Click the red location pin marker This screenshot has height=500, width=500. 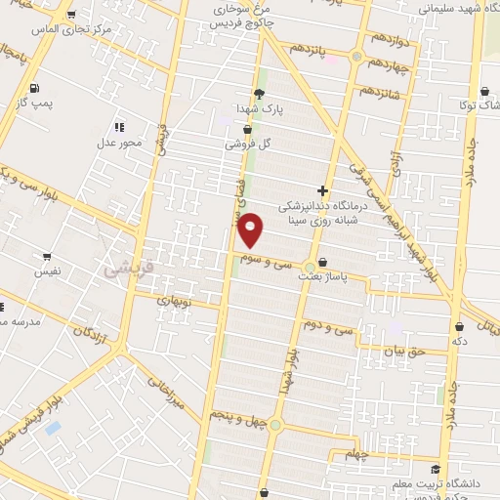tap(251, 229)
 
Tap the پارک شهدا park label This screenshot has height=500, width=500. tap(259, 109)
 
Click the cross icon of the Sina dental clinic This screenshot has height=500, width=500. tap(323, 191)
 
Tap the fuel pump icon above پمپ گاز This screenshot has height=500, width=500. tap(36, 87)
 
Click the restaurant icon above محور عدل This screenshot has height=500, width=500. tap(119, 127)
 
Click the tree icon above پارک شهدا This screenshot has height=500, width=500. tap(259, 94)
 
